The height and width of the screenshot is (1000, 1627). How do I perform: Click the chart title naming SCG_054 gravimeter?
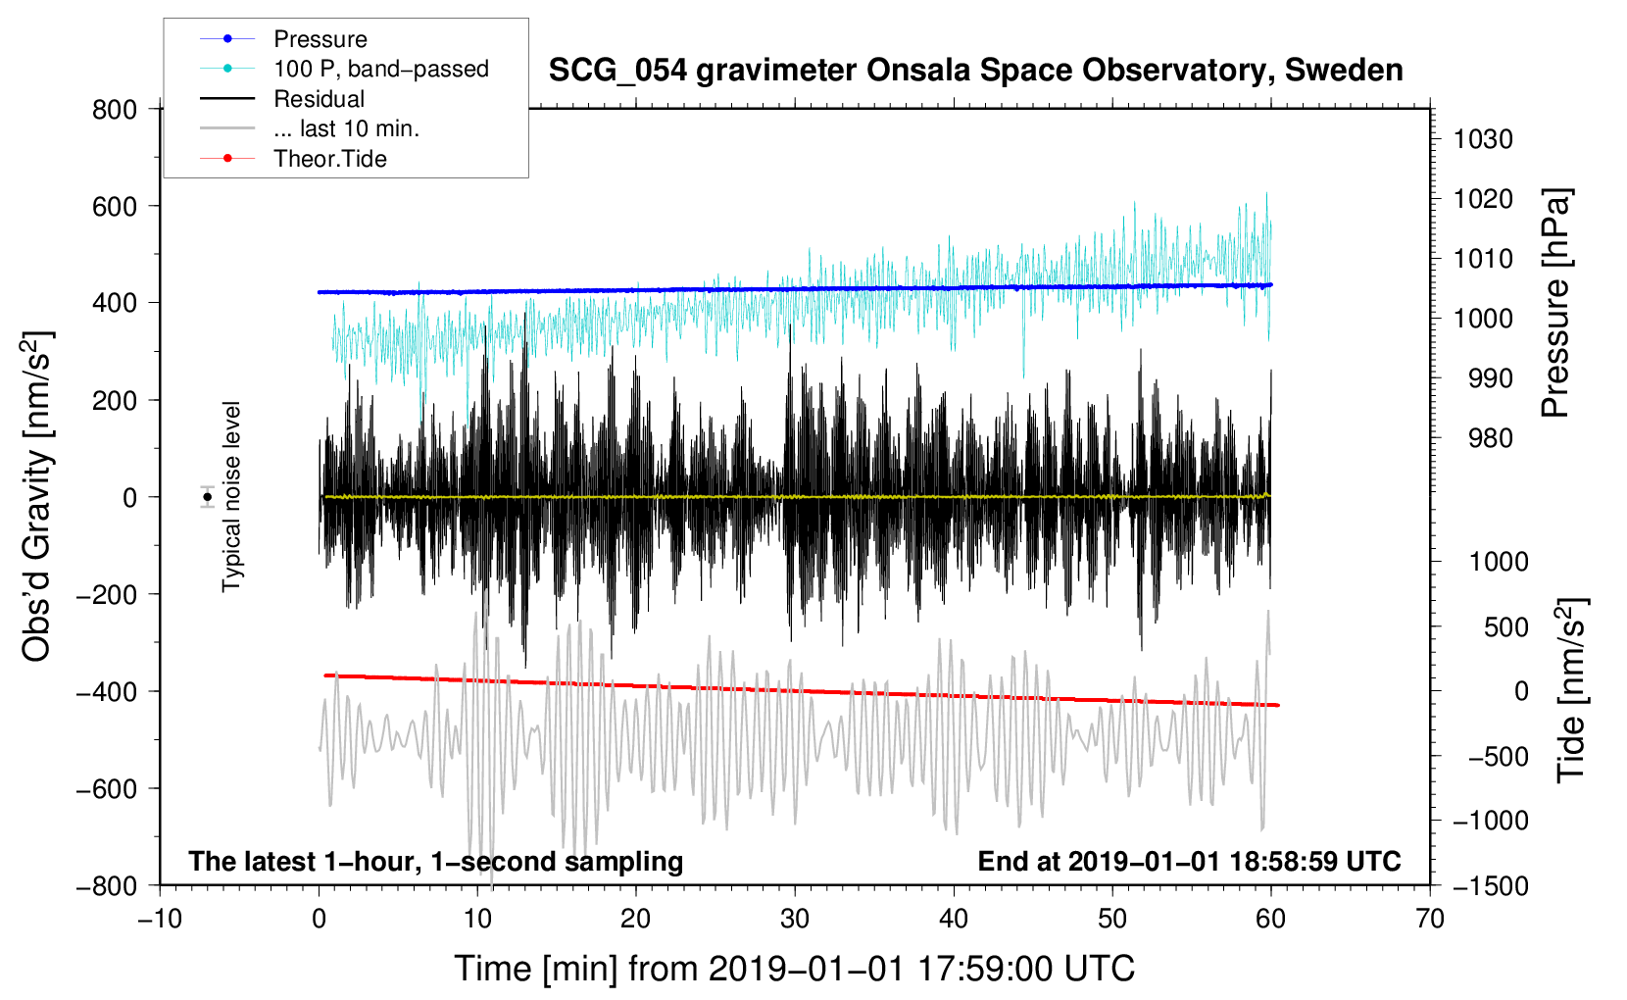coord(975,71)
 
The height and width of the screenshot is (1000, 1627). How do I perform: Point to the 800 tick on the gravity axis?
coord(115,110)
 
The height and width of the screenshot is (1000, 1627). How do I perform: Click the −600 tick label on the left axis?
coord(107,788)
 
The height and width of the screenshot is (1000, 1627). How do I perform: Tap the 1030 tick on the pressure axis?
coord(1483,139)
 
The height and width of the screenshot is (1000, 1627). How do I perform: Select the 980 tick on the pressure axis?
coord(1490,438)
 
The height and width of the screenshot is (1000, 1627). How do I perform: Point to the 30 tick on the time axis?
coord(795,920)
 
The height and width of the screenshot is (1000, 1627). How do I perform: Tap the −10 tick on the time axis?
coord(160,920)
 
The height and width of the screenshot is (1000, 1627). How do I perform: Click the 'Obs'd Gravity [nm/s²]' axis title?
coord(36,496)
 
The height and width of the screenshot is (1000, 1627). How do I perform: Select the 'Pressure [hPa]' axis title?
coord(1555,303)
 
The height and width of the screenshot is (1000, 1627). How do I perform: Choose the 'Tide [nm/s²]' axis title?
coord(1571,690)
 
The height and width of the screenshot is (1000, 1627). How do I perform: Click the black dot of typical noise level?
coord(208,497)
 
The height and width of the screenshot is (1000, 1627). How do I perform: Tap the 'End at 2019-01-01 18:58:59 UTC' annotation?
coord(1189,861)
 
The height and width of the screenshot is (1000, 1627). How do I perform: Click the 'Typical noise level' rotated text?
coord(231,497)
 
